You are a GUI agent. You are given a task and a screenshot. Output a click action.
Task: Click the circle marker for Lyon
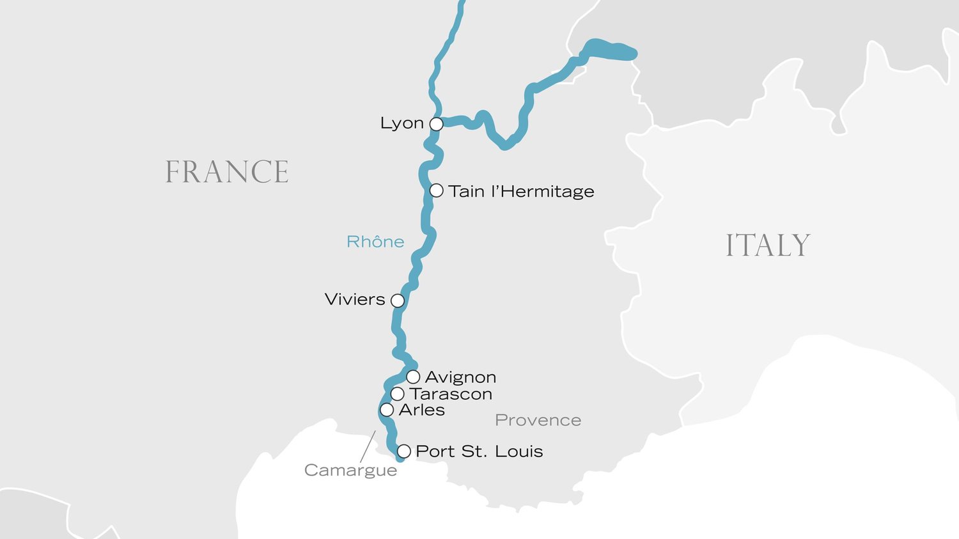(436, 124)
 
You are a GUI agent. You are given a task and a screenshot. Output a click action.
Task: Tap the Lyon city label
(402, 123)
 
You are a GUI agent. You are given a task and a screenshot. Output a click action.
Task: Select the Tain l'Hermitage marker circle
(437, 191)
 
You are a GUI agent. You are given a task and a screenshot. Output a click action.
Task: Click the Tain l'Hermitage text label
(521, 191)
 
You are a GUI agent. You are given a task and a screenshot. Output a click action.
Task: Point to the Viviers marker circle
(398, 301)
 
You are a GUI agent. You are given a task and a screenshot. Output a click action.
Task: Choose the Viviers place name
(355, 299)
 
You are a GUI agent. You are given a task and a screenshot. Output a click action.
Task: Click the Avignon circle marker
(413, 377)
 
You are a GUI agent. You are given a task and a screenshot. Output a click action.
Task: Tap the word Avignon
(460, 377)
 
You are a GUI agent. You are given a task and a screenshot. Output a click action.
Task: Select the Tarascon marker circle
(397, 394)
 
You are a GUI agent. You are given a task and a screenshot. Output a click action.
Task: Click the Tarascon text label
(451, 394)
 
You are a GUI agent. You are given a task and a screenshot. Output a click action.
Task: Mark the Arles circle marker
(387, 410)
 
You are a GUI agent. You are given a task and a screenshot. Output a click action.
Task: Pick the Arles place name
(421, 410)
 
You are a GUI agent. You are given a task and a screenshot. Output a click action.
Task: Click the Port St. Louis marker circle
(403, 451)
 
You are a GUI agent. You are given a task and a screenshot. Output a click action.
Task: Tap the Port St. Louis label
(479, 451)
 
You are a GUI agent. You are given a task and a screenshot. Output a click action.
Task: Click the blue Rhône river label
(375, 242)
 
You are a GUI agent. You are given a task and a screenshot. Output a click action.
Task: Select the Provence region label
(538, 420)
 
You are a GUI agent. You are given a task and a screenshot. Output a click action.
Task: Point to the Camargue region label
(350, 470)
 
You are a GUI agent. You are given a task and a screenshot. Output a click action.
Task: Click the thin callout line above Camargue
(368, 446)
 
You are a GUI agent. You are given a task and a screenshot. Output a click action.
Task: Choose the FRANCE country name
(227, 172)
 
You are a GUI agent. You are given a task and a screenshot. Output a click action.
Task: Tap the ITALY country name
(768, 246)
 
